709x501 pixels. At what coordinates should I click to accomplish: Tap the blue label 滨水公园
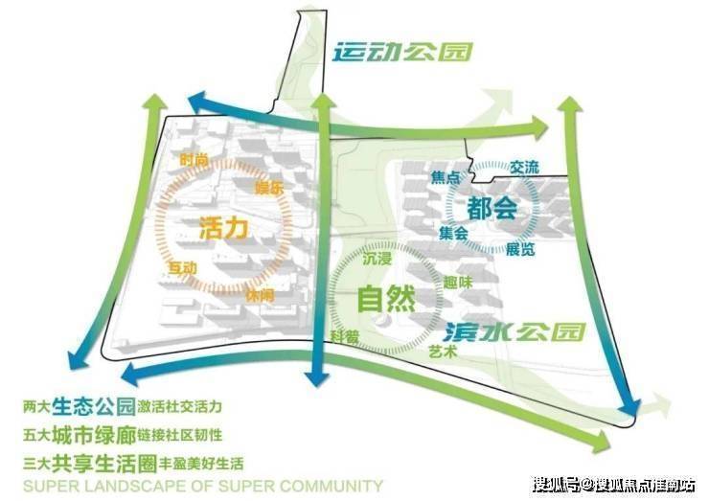tap(514, 332)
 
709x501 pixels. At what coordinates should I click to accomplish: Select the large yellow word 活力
tap(223, 228)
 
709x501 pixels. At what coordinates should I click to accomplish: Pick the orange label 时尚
tap(194, 160)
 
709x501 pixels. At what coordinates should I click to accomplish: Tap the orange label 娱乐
tap(269, 188)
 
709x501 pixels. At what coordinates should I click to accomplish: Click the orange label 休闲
tap(259, 296)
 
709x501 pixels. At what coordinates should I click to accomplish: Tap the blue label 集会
tap(453, 233)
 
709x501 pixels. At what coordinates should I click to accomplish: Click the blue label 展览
tap(519, 250)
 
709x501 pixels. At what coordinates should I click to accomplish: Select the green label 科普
tap(345, 335)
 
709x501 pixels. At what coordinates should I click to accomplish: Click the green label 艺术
tap(444, 352)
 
